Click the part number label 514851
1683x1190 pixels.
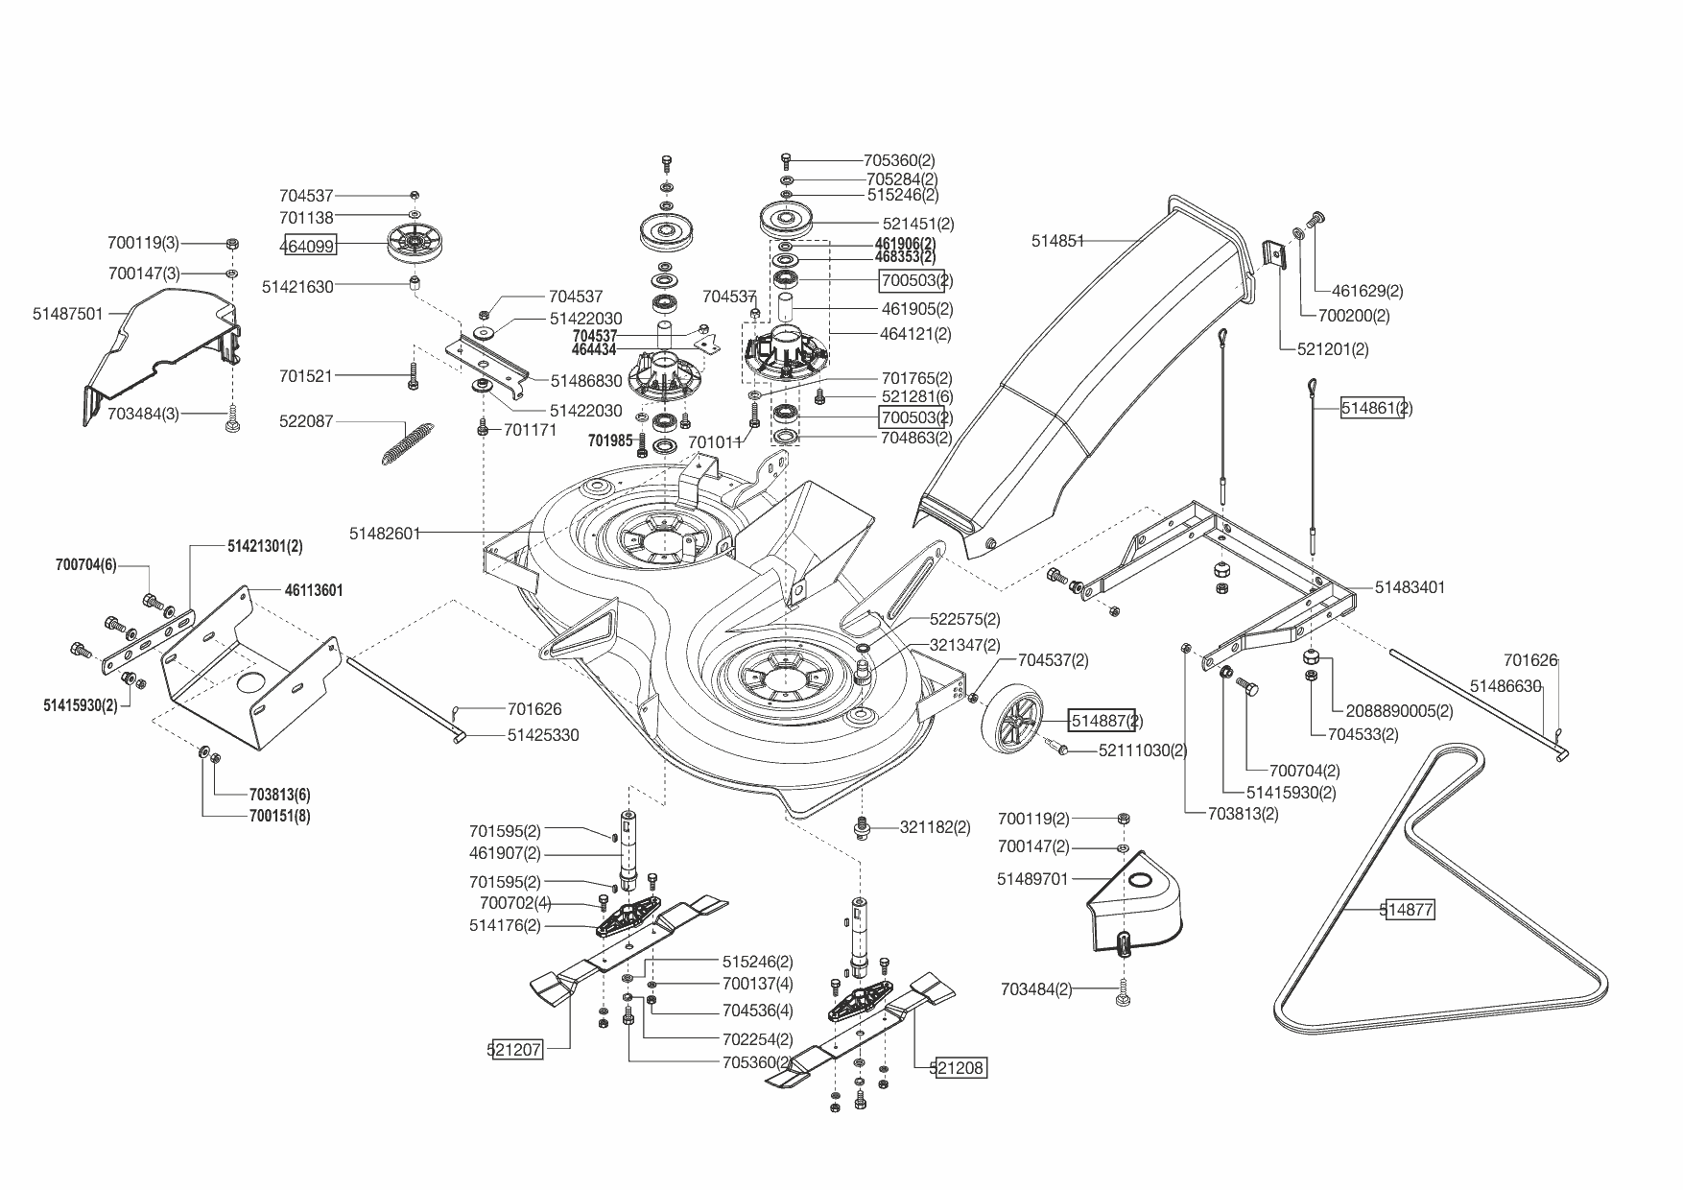tap(1057, 242)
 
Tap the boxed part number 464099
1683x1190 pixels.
tap(307, 247)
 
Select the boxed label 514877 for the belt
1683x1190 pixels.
tap(1408, 911)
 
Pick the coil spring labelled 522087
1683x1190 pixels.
tap(401, 442)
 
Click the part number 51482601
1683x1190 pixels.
tap(385, 533)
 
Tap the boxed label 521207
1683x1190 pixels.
tap(515, 1050)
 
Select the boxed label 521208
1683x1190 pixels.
tap(959, 1067)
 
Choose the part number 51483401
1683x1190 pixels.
tap(1410, 587)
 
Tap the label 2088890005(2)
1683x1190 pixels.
tap(1399, 711)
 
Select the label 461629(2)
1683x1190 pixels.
tap(1367, 291)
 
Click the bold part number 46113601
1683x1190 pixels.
tap(314, 591)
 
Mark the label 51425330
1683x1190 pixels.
tap(543, 735)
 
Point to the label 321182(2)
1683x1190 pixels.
tap(935, 827)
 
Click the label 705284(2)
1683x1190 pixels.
tap(901, 179)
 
